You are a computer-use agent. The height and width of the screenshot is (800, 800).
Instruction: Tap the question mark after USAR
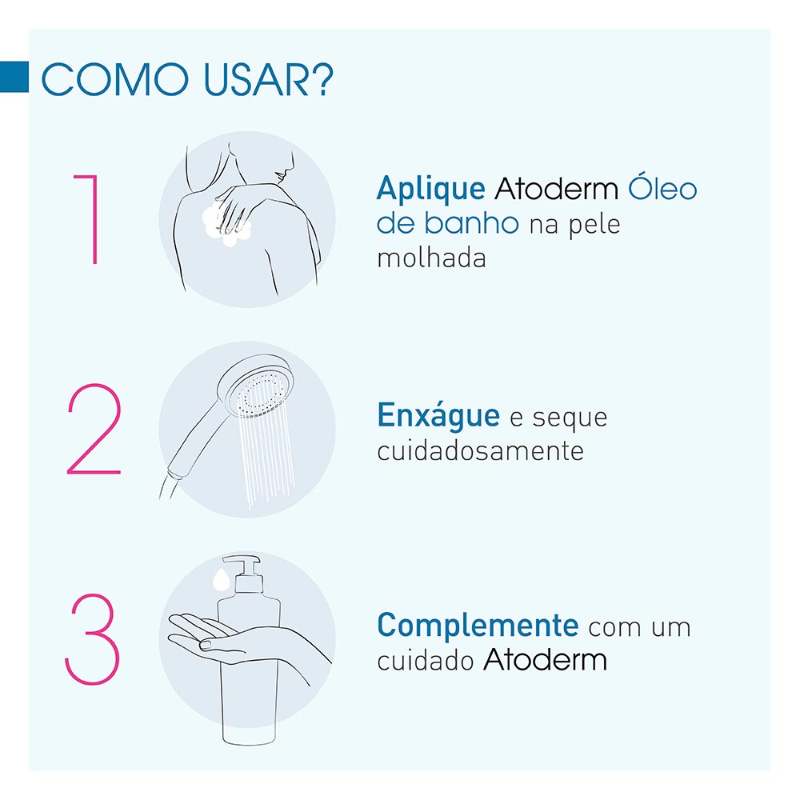point(321,80)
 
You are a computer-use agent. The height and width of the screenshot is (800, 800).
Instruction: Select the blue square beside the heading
point(14,76)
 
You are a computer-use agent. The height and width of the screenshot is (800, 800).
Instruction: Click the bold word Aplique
point(430,189)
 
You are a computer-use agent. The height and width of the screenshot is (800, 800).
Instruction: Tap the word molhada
point(431,258)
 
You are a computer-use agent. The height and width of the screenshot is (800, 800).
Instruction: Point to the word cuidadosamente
point(480,450)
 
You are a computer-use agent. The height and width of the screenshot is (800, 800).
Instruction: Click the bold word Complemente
point(478,625)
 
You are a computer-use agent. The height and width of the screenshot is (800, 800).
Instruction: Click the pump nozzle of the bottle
point(240,562)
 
